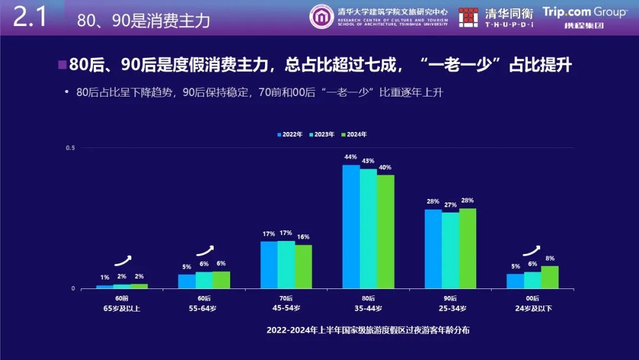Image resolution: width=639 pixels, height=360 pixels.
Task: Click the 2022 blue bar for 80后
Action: (351, 227)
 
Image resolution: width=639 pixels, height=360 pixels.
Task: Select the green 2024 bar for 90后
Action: (467, 248)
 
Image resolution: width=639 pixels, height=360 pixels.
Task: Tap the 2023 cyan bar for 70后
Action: (286, 265)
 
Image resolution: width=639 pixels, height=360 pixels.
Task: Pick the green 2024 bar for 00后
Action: (550, 277)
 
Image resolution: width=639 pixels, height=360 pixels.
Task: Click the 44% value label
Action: (351, 157)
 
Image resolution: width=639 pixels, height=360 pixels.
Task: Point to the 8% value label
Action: (550, 258)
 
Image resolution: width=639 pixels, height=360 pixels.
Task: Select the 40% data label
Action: (385, 167)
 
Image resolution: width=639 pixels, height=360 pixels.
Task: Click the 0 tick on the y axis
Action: (73, 288)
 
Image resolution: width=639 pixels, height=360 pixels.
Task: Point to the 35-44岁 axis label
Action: (368, 308)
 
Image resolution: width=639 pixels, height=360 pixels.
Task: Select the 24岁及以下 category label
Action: (532, 308)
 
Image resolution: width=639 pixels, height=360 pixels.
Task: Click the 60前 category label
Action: (122, 298)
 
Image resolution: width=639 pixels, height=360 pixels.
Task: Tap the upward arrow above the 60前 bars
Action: (122, 260)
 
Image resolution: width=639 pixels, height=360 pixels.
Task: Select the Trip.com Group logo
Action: (585, 12)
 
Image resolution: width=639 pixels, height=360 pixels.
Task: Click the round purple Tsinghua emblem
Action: (322, 17)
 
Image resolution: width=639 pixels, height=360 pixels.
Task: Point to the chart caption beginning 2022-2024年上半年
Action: (368, 330)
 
